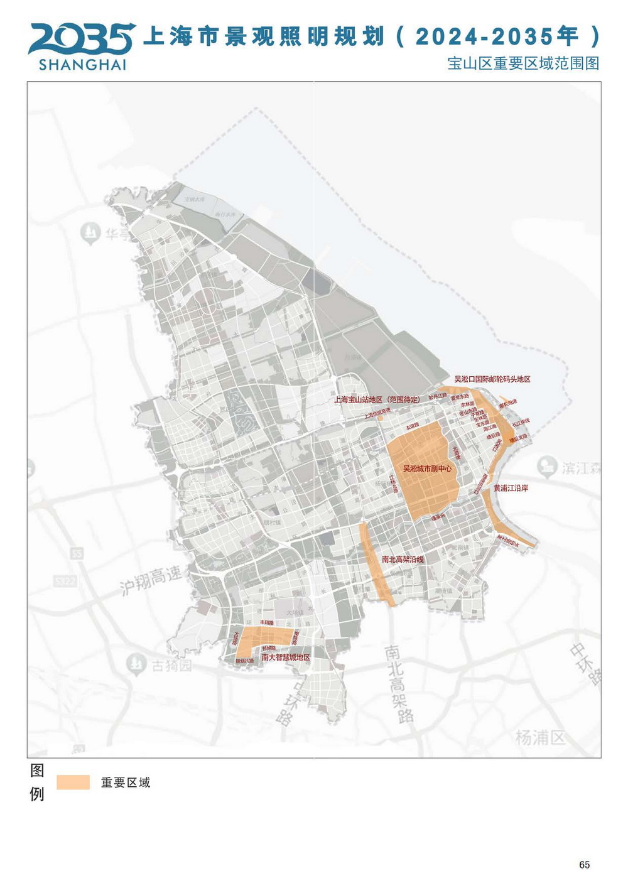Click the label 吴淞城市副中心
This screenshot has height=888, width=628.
(427, 468)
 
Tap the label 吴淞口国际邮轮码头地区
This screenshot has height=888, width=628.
(492, 379)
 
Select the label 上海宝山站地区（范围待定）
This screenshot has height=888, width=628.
(376, 399)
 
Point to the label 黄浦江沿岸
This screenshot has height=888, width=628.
(510, 487)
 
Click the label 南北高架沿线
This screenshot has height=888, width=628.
(403, 559)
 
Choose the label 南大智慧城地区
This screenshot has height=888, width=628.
(286, 657)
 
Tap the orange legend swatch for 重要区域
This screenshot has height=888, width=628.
(73, 782)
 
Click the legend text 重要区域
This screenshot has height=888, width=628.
(126, 782)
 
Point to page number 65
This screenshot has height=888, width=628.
(584, 865)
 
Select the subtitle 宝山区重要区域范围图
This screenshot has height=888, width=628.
(523, 63)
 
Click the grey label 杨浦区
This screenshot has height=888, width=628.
(540, 737)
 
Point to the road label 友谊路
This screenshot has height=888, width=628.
(412, 426)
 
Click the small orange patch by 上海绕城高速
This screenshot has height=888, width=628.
(381, 417)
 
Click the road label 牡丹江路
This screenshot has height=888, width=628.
(437, 397)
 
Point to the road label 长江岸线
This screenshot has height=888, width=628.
(521, 421)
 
